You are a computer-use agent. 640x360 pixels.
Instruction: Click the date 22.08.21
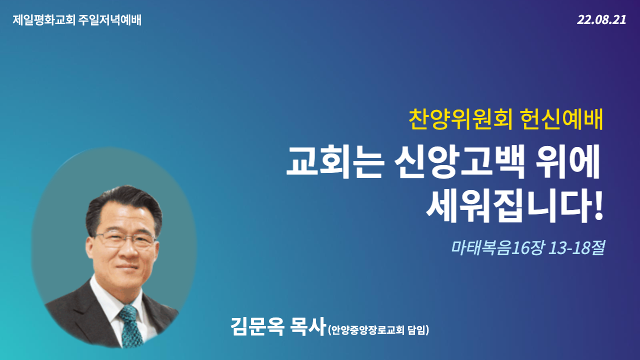coord(601,20)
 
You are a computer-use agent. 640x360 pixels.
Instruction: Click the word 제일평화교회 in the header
coord(44,20)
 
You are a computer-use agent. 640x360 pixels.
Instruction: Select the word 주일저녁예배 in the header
coord(110,20)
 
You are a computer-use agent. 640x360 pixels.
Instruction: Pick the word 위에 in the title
coord(566,162)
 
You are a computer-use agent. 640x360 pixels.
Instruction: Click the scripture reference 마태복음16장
coord(497,248)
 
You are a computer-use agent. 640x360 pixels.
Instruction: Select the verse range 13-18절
coord(576,248)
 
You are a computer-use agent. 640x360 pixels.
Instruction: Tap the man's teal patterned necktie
coord(130,325)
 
